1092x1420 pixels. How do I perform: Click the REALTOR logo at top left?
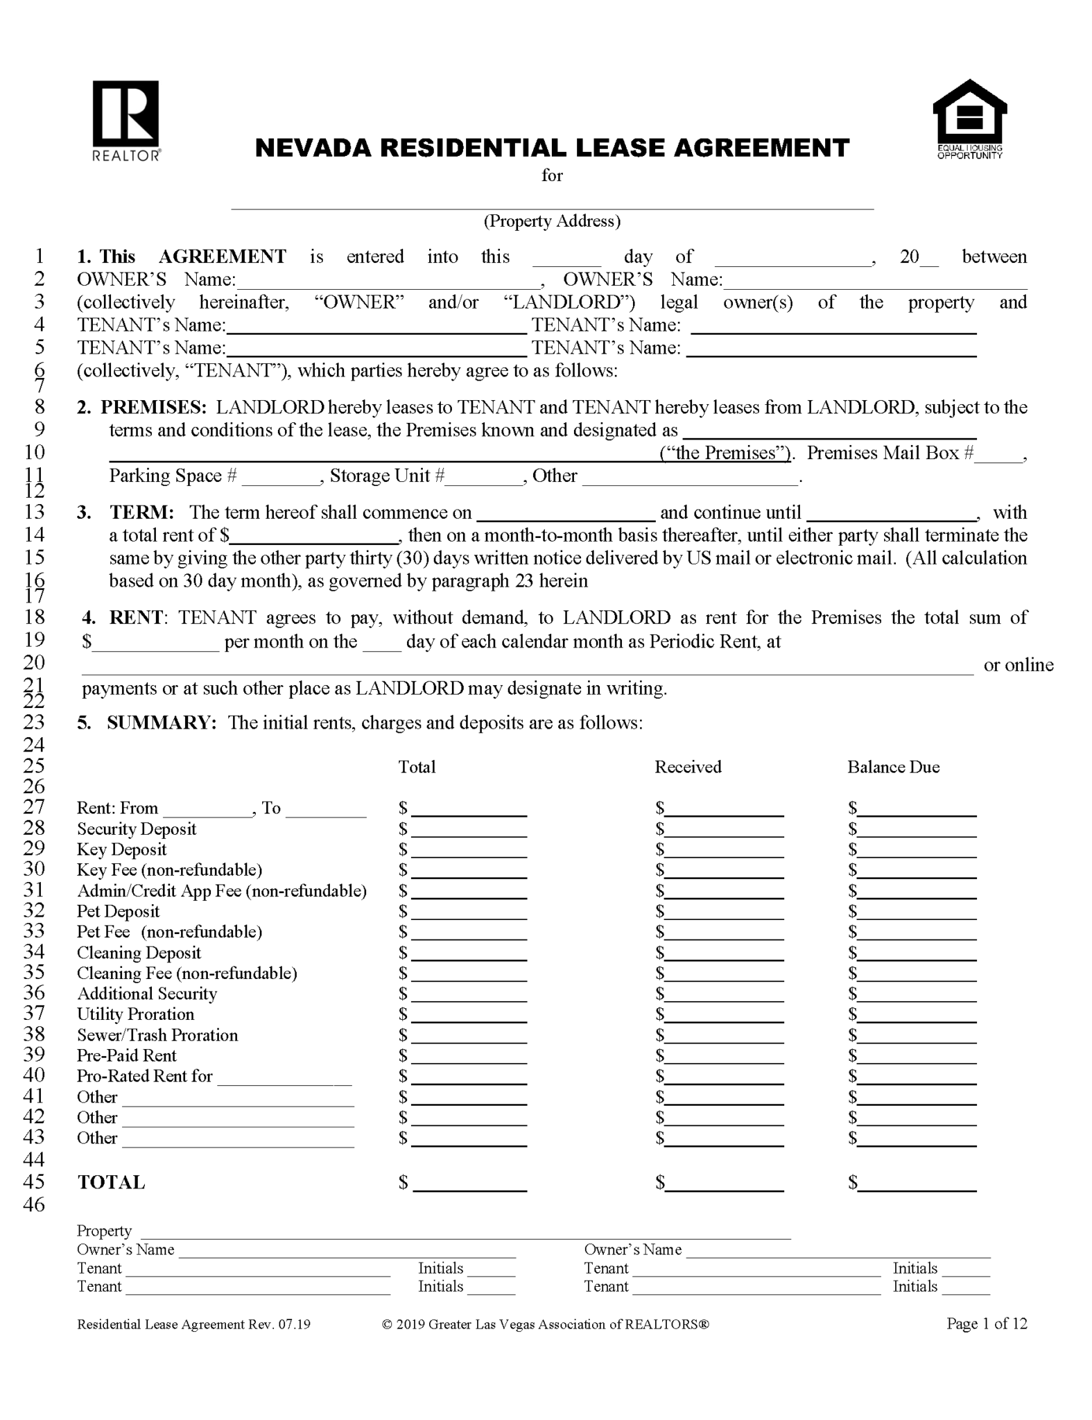[125, 119]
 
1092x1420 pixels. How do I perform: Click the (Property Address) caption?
[552, 221]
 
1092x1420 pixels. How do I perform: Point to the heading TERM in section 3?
[141, 512]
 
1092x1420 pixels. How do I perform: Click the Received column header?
[688, 767]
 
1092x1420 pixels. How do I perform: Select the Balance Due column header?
[893, 767]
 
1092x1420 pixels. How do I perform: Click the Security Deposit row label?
[137, 829]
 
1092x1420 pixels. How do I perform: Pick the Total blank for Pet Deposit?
[469, 912]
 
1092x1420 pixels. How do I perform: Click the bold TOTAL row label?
[111, 1183]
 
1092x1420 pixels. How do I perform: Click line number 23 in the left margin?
[34, 722]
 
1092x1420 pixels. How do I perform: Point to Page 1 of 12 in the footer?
[986, 1324]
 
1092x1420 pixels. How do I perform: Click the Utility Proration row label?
[136, 1014]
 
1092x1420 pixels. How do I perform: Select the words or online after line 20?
[1018, 665]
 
